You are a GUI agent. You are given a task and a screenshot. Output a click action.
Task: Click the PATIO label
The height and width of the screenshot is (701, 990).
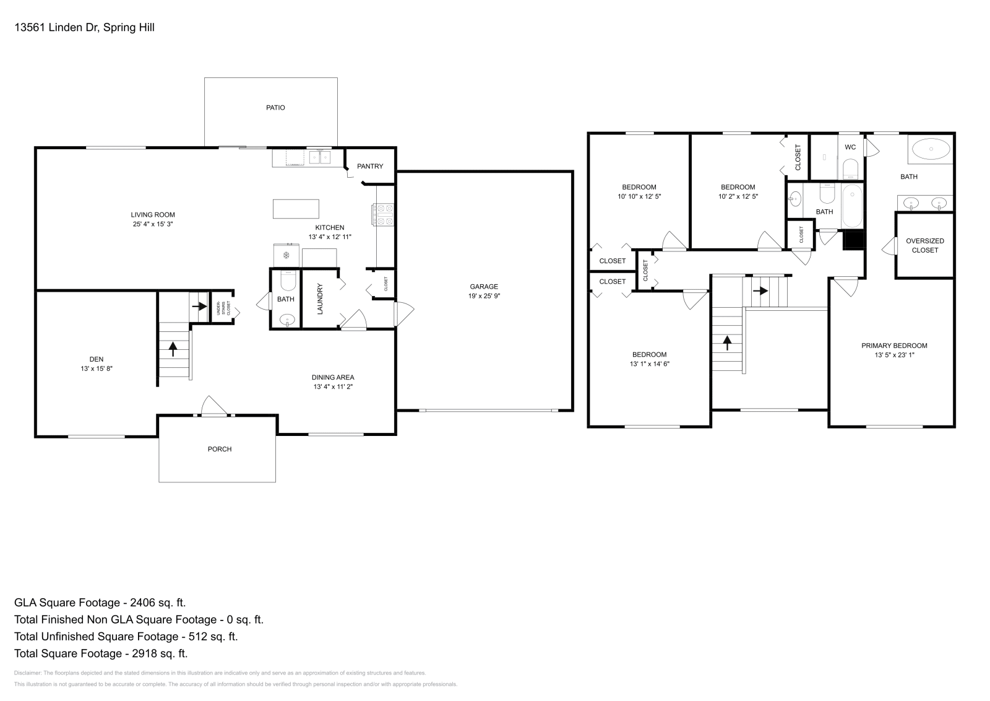tap(275, 108)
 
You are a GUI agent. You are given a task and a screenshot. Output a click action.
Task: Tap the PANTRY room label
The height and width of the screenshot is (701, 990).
tap(370, 167)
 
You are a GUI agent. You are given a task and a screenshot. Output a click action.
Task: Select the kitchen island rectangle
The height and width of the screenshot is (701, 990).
tap(296, 209)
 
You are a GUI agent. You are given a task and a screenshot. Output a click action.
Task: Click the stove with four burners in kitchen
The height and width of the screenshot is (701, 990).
tap(383, 214)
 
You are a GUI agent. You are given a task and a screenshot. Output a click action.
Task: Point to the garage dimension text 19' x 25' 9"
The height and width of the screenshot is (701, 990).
tap(483, 296)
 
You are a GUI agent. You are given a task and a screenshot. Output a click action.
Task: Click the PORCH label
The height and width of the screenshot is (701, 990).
tap(220, 449)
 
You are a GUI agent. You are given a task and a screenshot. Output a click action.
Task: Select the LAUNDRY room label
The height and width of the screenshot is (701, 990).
tap(320, 298)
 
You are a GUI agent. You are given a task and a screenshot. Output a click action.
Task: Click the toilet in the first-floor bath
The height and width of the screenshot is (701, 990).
tap(288, 282)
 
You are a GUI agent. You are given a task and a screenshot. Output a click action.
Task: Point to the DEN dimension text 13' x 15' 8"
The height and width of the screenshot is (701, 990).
tap(96, 368)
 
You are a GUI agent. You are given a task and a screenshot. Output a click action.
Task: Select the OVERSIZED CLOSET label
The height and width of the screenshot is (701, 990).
tap(924, 245)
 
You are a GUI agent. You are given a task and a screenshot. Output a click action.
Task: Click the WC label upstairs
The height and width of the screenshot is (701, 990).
tap(850, 147)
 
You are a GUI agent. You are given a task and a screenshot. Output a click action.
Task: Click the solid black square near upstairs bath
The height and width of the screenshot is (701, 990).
tap(854, 240)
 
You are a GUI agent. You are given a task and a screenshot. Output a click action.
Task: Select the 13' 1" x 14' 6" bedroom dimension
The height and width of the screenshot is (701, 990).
tap(649, 364)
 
